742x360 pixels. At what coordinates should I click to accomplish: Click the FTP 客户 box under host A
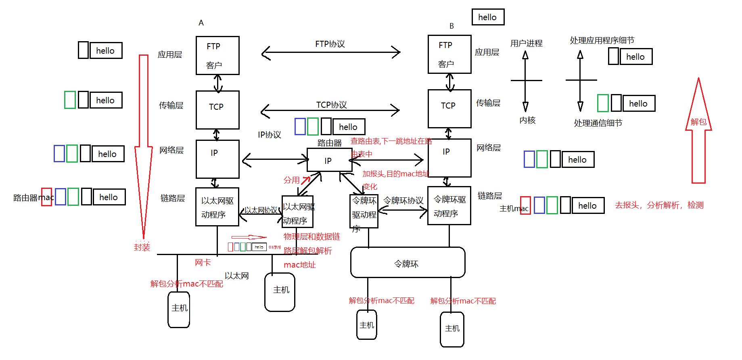click(x=217, y=55)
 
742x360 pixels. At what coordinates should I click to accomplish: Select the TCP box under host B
click(x=449, y=109)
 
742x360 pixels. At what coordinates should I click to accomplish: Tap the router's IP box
click(x=329, y=160)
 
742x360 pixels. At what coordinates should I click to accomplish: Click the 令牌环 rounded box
click(x=408, y=263)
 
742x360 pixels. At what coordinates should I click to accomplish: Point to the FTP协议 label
click(x=330, y=44)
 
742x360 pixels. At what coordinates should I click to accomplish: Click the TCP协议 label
click(x=331, y=105)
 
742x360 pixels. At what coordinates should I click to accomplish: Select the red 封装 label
click(x=142, y=247)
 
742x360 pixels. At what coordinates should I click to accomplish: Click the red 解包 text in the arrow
click(x=698, y=122)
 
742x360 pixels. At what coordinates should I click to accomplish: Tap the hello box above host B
click(x=488, y=17)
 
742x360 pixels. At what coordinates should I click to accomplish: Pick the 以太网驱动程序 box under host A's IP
click(x=217, y=207)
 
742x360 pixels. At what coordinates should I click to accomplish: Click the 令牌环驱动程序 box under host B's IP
click(x=449, y=205)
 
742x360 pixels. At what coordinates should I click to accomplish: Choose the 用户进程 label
click(x=526, y=43)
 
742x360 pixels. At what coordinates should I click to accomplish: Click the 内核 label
click(x=527, y=120)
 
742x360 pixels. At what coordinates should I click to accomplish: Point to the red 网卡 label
click(x=203, y=263)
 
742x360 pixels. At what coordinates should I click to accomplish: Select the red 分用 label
click(x=291, y=180)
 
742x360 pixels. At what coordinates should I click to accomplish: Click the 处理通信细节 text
click(x=598, y=123)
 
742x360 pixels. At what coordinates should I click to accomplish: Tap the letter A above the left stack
click(x=201, y=23)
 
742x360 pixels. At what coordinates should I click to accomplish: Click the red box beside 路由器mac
click(x=47, y=197)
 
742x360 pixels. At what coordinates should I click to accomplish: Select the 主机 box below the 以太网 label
click(x=280, y=292)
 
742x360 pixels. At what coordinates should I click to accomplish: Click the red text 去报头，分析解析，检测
click(x=659, y=205)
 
